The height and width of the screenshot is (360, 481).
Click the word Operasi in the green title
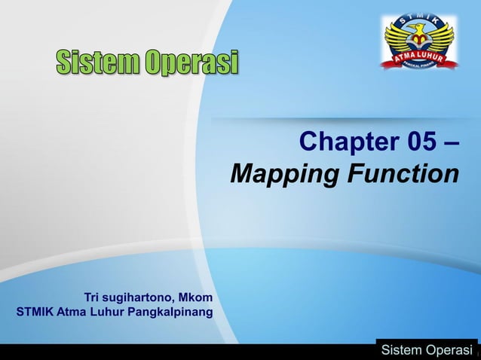192,63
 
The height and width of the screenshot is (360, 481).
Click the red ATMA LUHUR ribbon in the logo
421,58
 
